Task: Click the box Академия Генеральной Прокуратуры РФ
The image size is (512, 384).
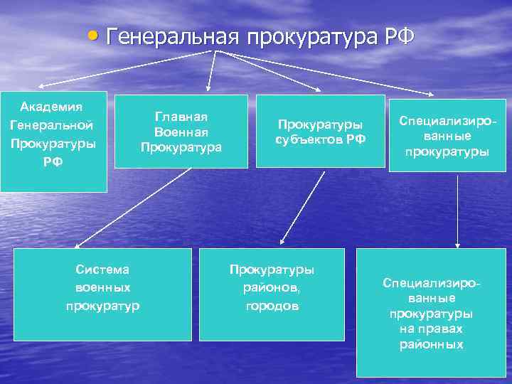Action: click(x=53, y=142)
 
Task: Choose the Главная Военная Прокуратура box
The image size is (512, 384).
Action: click(x=181, y=132)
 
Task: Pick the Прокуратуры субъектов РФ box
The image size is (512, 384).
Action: click(x=321, y=132)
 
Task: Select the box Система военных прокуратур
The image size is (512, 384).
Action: click(x=102, y=294)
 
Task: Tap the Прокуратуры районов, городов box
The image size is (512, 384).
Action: click(x=272, y=294)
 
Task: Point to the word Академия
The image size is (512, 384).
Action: click(x=51, y=107)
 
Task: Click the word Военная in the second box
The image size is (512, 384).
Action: click(x=181, y=132)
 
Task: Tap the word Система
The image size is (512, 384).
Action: click(x=102, y=270)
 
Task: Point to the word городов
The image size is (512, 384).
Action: click(x=272, y=306)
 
